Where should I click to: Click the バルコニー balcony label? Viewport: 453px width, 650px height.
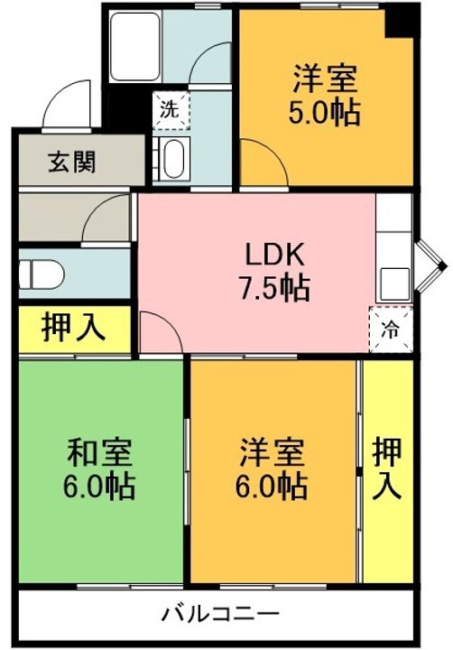[214, 615]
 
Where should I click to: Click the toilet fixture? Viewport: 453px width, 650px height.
[42, 272]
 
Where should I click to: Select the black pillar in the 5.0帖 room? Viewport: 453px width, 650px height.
[397, 22]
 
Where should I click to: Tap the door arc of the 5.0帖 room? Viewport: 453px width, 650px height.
[262, 162]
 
